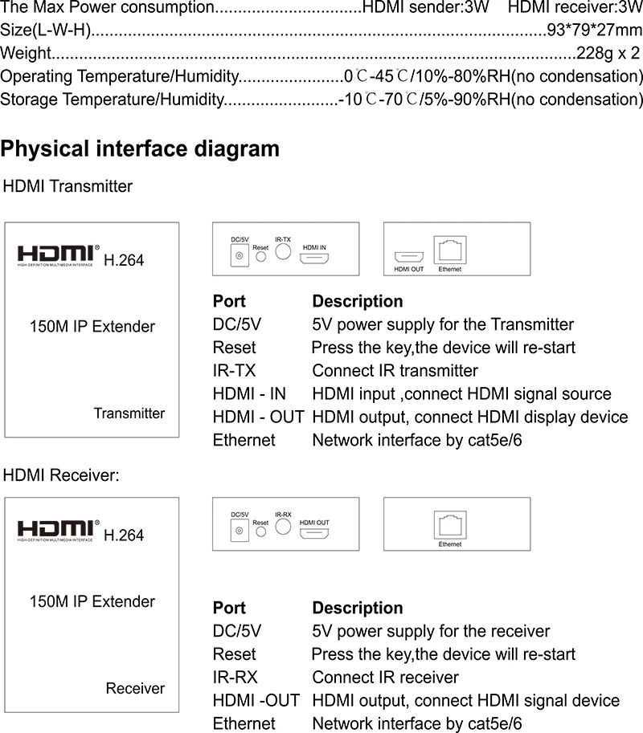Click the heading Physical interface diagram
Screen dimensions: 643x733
click(140, 149)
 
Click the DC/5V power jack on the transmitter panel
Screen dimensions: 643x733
click(240, 256)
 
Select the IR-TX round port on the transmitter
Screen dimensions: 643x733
click(283, 251)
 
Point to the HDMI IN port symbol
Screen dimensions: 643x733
click(314, 258)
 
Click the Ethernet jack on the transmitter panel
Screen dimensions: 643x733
click(450, 250)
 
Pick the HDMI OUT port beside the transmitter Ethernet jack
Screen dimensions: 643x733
click(409, 257)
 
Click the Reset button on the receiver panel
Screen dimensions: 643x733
click(260, 531)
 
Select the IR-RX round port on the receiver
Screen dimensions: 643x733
click(283, 527)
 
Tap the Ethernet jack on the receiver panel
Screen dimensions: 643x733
click(450, 525)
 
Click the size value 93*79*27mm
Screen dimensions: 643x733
click(594, 30)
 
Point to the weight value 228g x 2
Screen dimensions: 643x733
click(608, 53)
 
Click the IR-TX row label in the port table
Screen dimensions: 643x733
click(234, 371)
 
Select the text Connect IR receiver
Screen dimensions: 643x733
click(385, 678)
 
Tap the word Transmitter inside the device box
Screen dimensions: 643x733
click(129, 413)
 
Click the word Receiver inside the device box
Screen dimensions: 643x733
click(135, 688)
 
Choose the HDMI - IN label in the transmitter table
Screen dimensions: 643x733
click(249, 393)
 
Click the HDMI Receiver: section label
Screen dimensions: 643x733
click(61, 475)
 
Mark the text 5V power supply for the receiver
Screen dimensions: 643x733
click(431, 631)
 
